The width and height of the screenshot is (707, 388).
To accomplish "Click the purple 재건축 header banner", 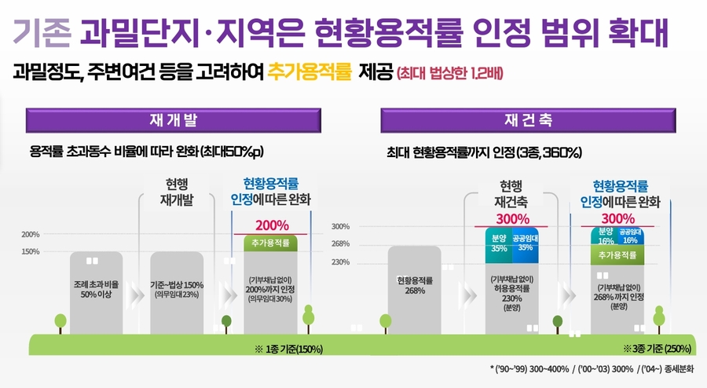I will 528,121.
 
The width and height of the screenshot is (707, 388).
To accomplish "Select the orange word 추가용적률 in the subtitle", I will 309,74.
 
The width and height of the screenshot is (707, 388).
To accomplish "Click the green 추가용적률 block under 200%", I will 271,243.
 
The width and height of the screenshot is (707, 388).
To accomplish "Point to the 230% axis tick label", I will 340,262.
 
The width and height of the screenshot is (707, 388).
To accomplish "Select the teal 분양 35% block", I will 499,243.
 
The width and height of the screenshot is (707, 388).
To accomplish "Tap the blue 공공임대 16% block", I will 630,236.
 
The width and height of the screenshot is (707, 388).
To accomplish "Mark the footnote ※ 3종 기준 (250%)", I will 657,348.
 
